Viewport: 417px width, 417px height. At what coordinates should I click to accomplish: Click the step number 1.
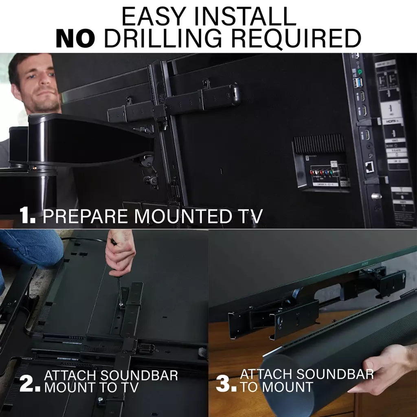pyautogui.click(x=28, y=216)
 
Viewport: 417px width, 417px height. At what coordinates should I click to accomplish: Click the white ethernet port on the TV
pyautogui.click(x=370, y=167)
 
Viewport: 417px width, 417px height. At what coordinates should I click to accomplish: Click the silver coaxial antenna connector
pyautogui.click(x=376, y=196)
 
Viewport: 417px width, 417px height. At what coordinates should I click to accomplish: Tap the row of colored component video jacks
pyautogui.click(x=324, y=172)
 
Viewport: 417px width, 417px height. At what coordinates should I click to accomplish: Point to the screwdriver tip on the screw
pyautogui.click(x=121, y=304)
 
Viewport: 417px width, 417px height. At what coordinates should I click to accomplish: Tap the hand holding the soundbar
pyautogui.click(x=381, y=369)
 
